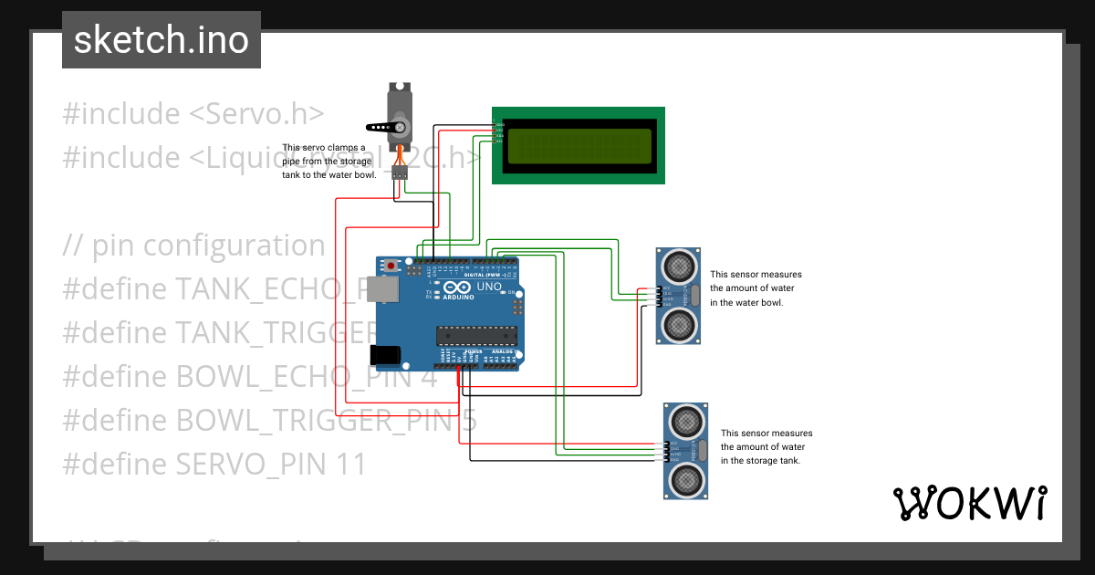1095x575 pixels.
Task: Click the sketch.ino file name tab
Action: pyautogui.click(x=162, y=40)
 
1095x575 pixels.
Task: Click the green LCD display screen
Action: pyautogui.click(x=578, y=145)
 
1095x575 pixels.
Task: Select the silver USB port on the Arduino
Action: pyautogui.click(x=388, y=290)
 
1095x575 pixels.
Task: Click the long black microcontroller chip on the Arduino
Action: pyautogui.click(x=476, y=337)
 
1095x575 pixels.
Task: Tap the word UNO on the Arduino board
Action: pyautogui.click(x=489, y=287)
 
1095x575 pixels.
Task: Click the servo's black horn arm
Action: pyautogui.click(x=384, y=128)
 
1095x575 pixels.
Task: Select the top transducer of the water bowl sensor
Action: pyautogui.click(x=679, y=266)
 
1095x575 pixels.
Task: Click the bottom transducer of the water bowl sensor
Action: pyautogui.click(x=679, y=323)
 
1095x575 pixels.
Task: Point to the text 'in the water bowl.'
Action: pyautogui.click(x=746, y=302)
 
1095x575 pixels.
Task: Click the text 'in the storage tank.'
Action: pyautogui.click(x=761, y=461)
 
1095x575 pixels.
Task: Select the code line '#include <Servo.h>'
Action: pyautogui.click(x=193, y=114)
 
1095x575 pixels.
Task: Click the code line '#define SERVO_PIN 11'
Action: pyautogui.click(x=214, y=465)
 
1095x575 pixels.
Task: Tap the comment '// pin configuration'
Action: pyautogui.click(x=194, y=246)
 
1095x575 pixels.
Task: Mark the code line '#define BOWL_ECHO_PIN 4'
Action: pyautogui.click(x=250, y=377)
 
